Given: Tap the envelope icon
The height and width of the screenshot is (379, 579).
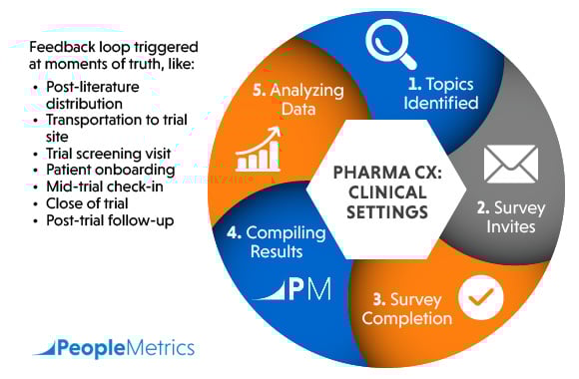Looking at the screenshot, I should (510, 164).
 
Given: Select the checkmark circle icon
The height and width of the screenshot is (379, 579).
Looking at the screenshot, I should (480, 296).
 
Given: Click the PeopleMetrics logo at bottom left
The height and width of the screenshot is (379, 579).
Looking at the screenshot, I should (113, 348).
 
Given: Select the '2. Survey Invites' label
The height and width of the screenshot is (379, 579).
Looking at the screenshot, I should (506, 216).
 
